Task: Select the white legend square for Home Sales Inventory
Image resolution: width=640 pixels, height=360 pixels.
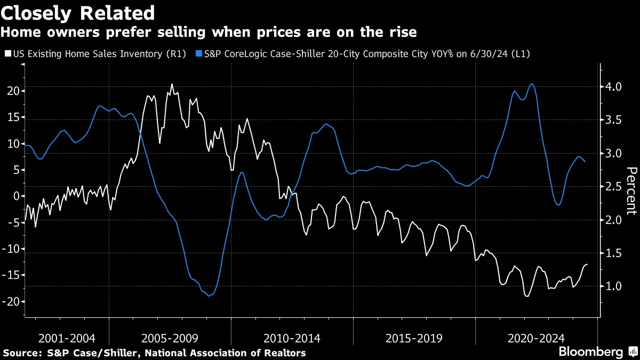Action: [6, 54]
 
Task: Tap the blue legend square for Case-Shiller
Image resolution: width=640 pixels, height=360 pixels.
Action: [199, 54]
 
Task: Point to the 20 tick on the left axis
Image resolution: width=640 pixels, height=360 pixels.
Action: [12, 91]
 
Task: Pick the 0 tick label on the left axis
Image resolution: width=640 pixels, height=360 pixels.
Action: [16, 196]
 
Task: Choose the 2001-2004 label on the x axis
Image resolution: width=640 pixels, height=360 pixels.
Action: [67, 338]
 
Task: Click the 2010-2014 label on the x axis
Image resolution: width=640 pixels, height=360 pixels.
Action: [292, 338]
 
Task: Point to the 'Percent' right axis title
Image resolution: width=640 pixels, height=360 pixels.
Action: [631, 190]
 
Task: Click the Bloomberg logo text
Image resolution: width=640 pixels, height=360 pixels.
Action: [590, 352]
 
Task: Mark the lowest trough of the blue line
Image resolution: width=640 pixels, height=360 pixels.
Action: [209, 295]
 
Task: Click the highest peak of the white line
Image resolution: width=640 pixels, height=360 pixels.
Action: [171, 84]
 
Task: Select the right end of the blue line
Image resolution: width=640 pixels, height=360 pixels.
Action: [585, 162]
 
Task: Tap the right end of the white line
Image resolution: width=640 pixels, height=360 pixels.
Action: [587, 265]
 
